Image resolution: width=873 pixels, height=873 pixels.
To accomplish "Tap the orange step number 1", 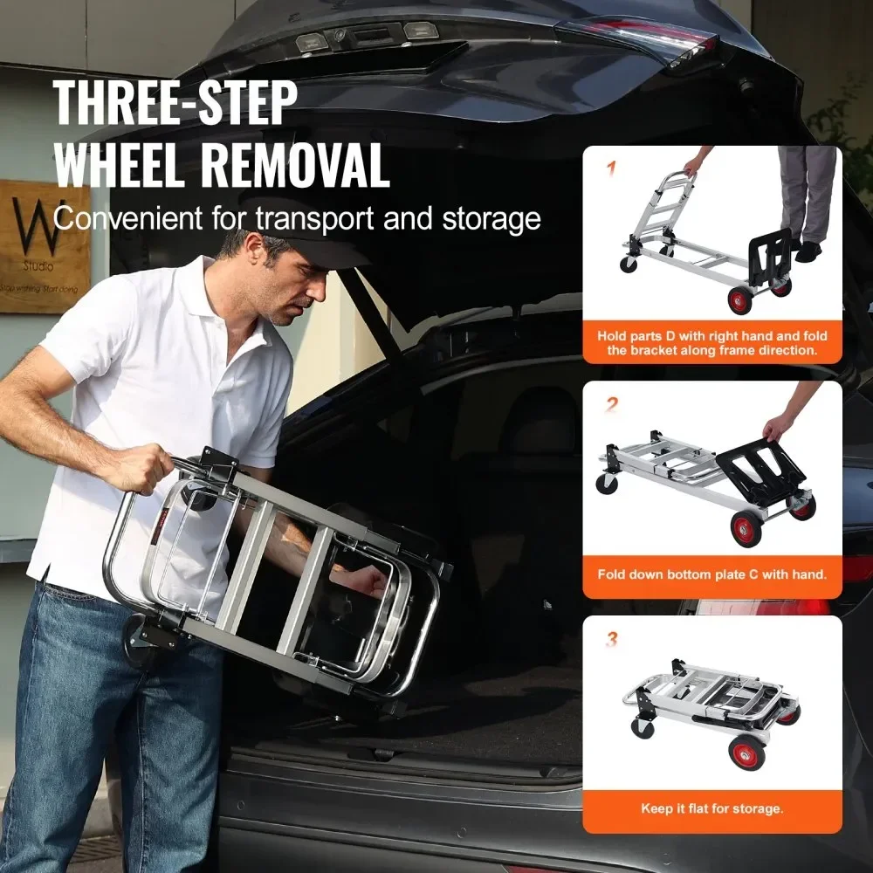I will click(611, 168).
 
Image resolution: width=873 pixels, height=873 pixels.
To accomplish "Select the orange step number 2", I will click(612, 403).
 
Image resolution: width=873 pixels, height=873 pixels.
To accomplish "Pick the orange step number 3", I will click(612, 640).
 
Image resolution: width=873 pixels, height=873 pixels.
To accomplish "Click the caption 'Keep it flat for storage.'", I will click(711, 808).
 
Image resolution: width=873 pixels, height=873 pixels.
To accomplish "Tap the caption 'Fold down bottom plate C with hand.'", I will click(711, 574).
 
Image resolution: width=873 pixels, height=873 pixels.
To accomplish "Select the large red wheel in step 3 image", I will click(747, 752).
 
